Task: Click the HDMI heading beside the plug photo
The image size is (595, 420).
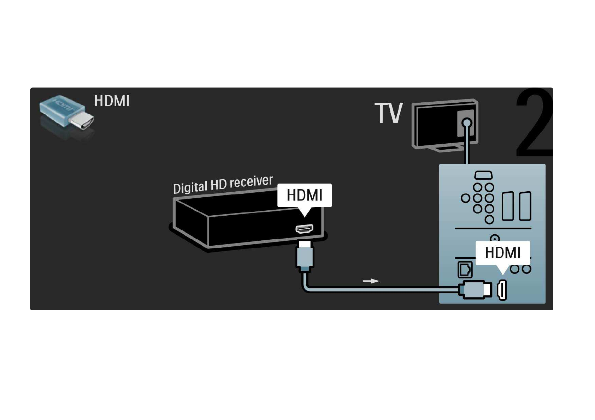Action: (112, 101)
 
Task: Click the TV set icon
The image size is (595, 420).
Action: (445, 125)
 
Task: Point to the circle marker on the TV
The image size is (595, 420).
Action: (467, 123)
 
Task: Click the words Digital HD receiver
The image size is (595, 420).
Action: (223, 185)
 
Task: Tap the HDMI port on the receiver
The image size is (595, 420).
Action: (305, 228)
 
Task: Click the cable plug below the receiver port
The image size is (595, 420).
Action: (305, 256)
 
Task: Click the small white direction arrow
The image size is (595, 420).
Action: (371, 281)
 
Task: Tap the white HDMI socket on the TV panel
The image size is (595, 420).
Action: (502, 290)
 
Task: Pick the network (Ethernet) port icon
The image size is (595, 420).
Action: (465, 269)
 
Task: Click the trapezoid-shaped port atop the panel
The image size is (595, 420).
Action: (483, 175)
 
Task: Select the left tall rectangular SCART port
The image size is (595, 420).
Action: (508, 206)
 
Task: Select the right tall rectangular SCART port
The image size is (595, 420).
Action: (525, 206)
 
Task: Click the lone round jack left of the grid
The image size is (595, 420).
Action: (465, 198)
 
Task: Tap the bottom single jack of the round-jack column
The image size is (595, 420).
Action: (489, 220)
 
